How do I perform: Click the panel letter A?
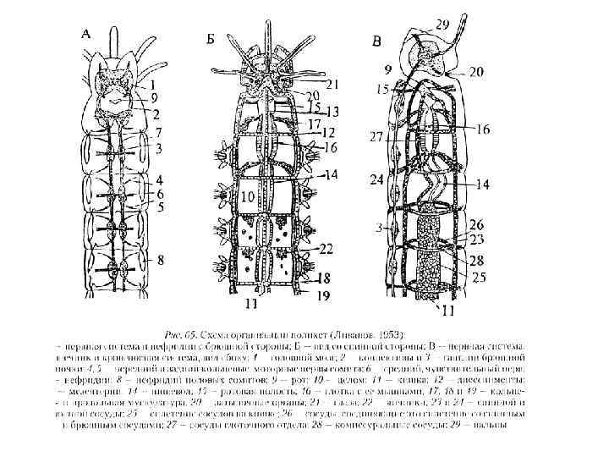[x=86, y=34]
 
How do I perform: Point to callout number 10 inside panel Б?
[x=247, y=196]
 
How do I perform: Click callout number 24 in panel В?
[x=376, y=179]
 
